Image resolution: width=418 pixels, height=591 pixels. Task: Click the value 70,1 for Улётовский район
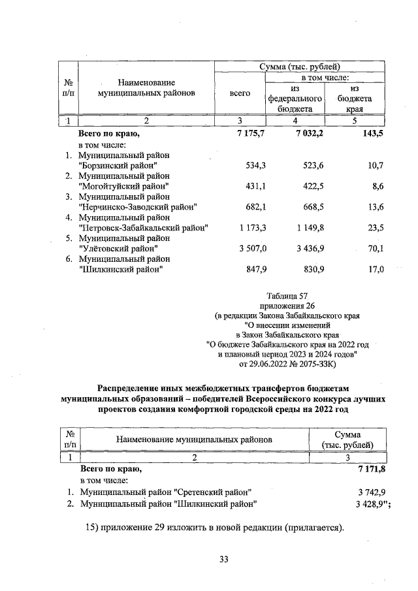coord(374,248)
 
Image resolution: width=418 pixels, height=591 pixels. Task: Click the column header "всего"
coord(240,93)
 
